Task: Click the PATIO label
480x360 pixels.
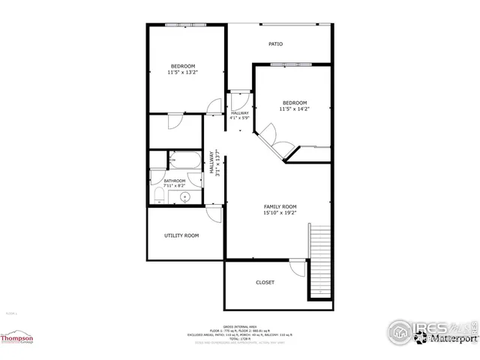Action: tap(276, 44)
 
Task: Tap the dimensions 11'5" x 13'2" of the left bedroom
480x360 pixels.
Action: tap(182, 73)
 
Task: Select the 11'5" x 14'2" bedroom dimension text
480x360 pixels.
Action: tap(294, 109)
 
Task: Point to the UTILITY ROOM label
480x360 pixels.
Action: tap(181, 235)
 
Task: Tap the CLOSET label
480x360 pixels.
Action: tap(265, 283)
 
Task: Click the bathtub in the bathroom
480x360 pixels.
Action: tap(184, 160)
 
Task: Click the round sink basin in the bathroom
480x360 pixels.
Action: tap(184, 197)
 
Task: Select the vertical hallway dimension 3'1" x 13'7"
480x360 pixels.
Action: tap(216, 163)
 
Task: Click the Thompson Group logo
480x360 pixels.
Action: tap(17, 340)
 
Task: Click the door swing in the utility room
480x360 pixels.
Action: tap(214, 213)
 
